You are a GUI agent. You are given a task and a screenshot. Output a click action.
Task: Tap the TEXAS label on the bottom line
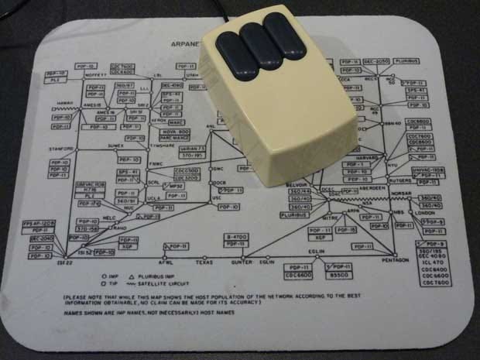pos(204,262)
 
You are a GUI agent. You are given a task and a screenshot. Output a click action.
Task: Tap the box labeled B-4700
pos(236,235)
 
